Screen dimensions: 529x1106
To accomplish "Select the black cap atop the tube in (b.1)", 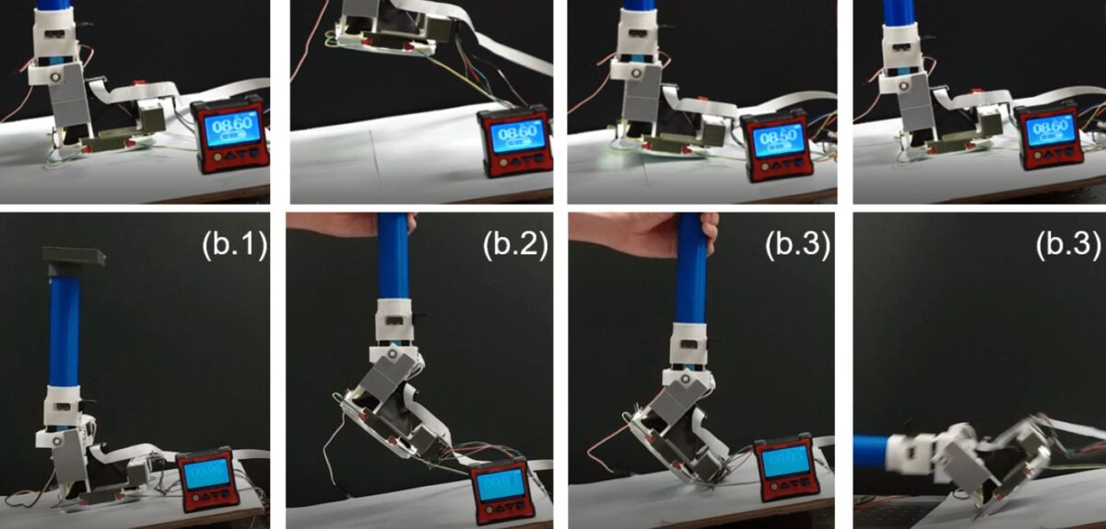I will click(x=73, y=257).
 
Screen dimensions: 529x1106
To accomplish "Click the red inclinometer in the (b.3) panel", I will click(x=782, y=464).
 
